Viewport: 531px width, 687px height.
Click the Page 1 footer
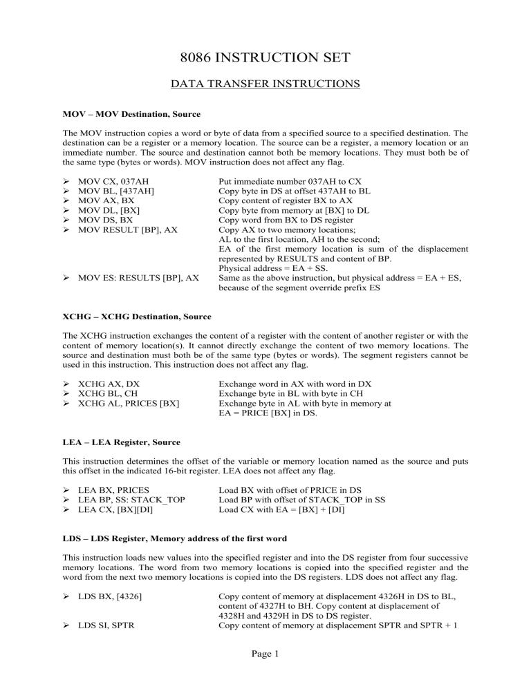(x=265, y=675)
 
